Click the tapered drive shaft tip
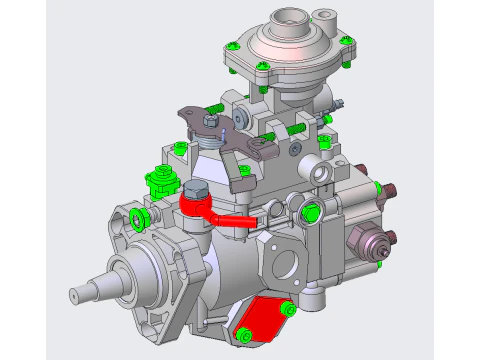[x=80, y=294]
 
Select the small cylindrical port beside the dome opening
[x=326, y=17]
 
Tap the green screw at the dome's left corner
[x=232, y=46]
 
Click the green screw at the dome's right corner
[x=348, y=41]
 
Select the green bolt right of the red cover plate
[x=289, y=308]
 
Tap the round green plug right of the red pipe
[x=310, y=211]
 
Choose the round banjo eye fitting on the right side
[x=322, y=175]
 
